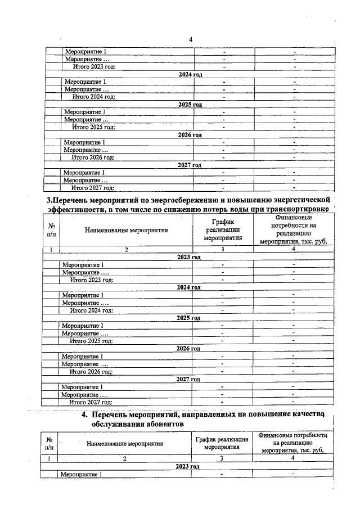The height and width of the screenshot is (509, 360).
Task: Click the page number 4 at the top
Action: click(x=190, y=39)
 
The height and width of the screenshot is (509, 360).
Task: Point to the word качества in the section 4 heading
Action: click(x=303, y=415)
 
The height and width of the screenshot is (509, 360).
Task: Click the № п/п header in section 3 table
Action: click(x=51, y=229)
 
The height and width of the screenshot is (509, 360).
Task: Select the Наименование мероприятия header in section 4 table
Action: click(x=125, y=443)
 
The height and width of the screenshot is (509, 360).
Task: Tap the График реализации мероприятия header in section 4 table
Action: click(x=222, y=443)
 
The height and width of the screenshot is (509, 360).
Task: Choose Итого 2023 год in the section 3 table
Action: click(x=91, y=280)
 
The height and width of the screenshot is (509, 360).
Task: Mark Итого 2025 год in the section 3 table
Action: click(x=91, y=341)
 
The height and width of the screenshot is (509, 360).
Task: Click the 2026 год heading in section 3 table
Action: click(x=188, y=349)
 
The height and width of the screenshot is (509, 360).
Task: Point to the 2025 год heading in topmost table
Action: click(x=190, y=105)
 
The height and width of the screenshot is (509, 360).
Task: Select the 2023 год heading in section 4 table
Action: click(x=188, y=467)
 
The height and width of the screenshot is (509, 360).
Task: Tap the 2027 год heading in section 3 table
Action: click(x=188, y=380)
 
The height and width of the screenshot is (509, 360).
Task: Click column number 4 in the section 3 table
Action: click(x=294, y=249)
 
